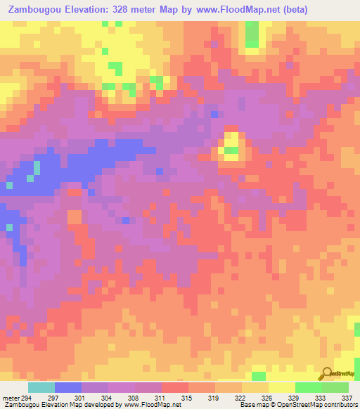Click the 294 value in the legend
click(27, 398)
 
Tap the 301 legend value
click(79, 398)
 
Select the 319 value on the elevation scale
click(213, 398)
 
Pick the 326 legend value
click(266, 398)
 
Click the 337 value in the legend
click(347, 398)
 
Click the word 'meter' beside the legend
click(11, 398)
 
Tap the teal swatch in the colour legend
click(41, 387)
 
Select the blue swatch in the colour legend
click(67, 387)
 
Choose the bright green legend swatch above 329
click(308, 387)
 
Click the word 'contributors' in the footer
click(339, 405)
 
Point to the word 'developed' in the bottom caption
click(94, 405)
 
